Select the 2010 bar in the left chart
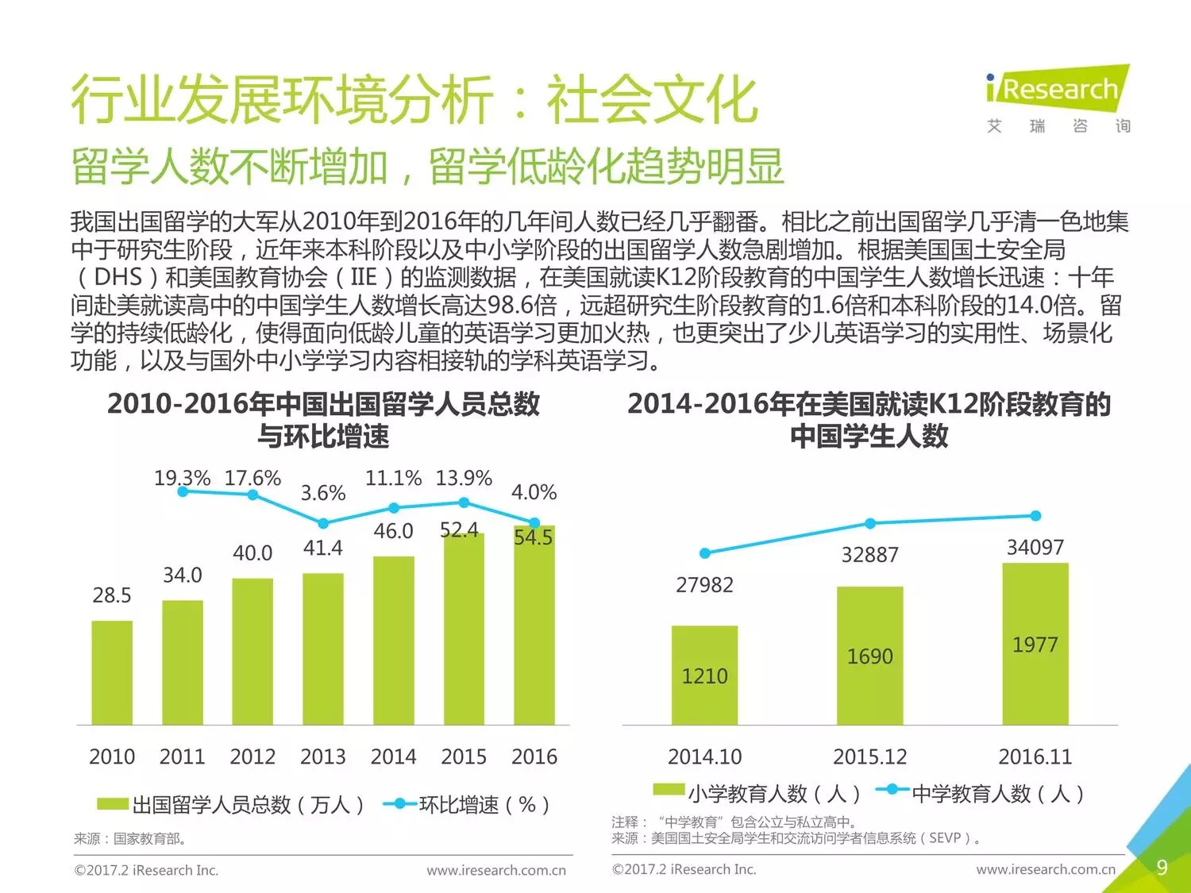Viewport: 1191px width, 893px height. (112, 672)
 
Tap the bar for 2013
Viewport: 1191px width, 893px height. (323, 649)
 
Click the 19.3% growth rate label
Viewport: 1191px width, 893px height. (182, 478)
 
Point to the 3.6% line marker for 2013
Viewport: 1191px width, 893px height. (323, 523)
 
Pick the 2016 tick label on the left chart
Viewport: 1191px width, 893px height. (534, 756)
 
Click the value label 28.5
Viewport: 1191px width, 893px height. (112, 595)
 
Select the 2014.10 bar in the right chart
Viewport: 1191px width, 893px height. (704, 675)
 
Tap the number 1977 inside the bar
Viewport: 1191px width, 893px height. (1035, 645)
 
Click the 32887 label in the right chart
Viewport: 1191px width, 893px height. (869, 555)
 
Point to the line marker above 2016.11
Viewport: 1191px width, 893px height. (1035, 516)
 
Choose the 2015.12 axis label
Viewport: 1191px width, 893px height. (869, 756)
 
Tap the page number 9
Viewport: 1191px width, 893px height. (1162, 867)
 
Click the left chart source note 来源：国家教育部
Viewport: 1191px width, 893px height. (129, 838)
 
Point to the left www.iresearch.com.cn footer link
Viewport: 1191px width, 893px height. (496, 870)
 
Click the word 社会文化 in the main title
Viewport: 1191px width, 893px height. (651, 100)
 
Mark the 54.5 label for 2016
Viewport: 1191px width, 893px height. (533, 537)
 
